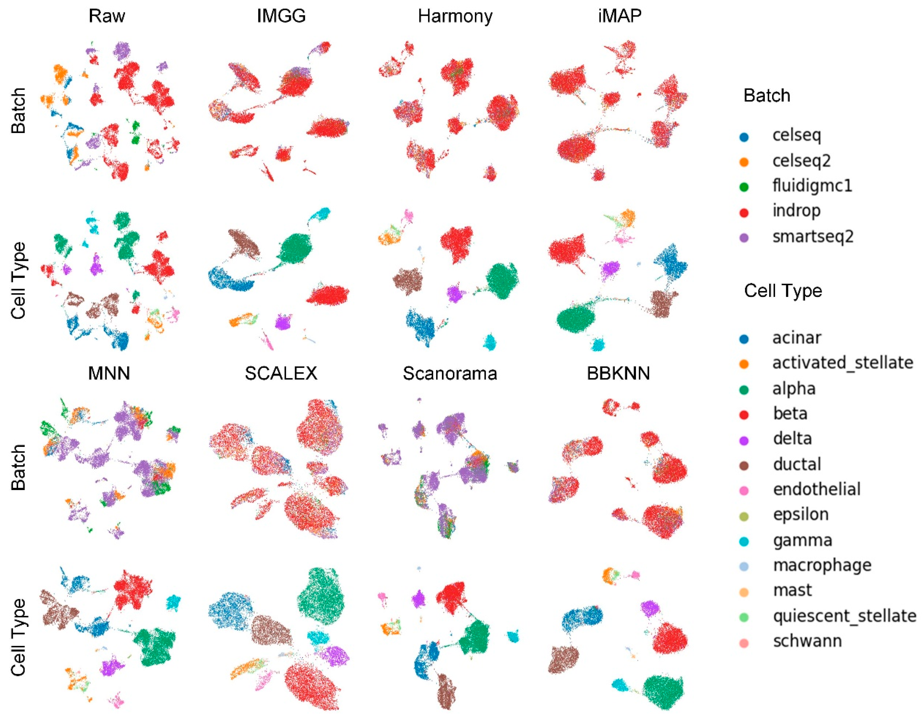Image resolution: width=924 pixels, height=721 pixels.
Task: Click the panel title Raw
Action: pyautogui.click(x=107, y=16)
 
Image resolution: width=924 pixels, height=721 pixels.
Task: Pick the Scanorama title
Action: pyautogui.click(x=450, y=373)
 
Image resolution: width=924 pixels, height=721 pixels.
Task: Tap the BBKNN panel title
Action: pyautogui.click(x=618, y=373)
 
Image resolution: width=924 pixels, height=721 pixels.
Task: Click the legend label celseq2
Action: pyautogui.click(x=801, y=161)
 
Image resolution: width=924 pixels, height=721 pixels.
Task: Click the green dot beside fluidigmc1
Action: pyautogui.click(x=744, y=187)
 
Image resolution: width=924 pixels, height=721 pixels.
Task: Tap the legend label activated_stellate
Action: pyautogui.click(x=843, y=363)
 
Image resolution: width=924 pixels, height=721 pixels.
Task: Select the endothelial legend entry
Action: pyautogui.click(x=816, y=489)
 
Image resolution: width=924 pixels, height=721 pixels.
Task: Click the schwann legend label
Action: pyautogui.click(x=807, y=641)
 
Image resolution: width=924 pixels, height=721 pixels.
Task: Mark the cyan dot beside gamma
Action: pyautogui.click(x=744, y=542)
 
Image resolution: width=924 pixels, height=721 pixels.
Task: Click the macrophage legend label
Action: pyautogui.click(x=822, y=565)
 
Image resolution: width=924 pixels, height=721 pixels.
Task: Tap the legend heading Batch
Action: pyautogui.click(x=767, y=96)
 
